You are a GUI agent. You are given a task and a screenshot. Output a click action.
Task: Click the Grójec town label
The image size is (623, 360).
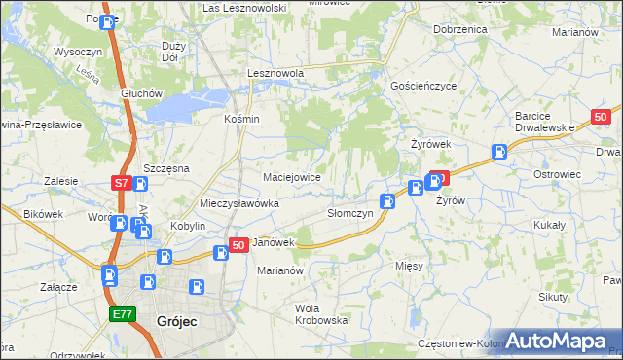click(177, 319)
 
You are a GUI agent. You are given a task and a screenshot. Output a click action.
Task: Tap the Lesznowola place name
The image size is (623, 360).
click(276, 73)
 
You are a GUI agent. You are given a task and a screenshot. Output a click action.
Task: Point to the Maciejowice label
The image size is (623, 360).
click(292, 177)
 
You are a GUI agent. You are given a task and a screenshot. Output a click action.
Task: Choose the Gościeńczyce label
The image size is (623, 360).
click(422, 86)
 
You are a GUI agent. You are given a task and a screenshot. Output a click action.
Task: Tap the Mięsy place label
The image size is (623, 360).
click(409, 265)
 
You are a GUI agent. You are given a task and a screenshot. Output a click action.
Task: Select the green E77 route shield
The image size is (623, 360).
click(121, 314)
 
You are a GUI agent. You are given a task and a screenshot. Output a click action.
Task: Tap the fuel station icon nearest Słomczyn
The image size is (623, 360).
click(387, 200)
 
